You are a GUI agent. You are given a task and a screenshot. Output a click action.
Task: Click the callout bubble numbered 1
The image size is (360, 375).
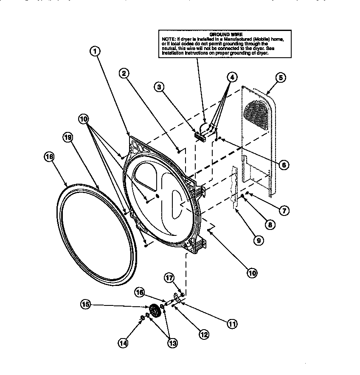point(96,51)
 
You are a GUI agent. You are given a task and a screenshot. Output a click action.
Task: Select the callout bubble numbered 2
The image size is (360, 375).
point(124,73)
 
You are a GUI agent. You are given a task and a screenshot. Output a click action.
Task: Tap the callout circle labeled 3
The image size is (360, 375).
point(159,88)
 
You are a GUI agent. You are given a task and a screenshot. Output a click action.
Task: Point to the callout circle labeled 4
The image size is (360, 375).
point(231,77)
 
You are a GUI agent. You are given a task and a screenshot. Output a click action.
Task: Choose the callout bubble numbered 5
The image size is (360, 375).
point(280,77)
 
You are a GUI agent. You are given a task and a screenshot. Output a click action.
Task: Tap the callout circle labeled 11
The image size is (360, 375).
point(232,324)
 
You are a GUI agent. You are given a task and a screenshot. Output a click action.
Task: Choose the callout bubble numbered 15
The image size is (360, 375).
point(86,304)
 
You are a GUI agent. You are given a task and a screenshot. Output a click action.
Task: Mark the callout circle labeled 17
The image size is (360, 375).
point(169,278)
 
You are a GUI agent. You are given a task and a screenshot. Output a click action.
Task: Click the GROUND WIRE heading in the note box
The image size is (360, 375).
point(225,34)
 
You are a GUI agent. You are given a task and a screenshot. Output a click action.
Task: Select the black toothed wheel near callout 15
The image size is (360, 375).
point(155,312)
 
